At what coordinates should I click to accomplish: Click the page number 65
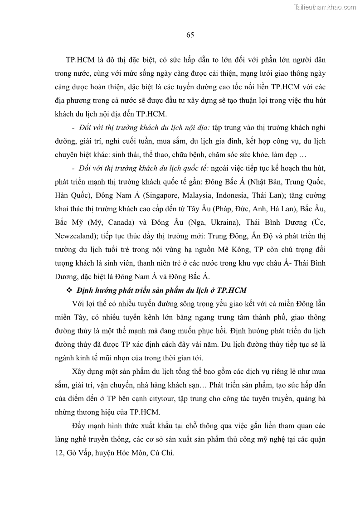190,35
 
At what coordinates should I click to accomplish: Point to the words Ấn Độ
263,237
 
